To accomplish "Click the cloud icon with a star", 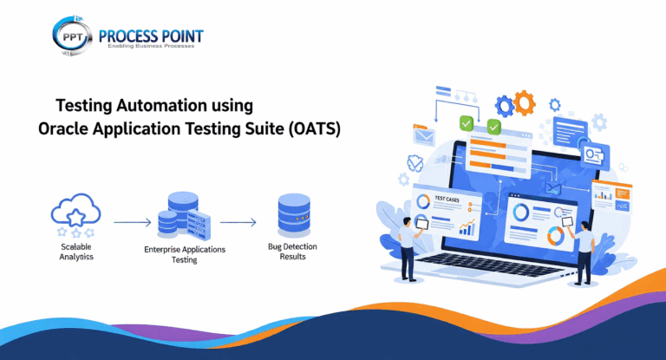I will tap(75, 215).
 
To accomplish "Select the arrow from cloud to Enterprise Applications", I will tap(132, 223).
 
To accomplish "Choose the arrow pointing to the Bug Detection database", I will tap(238, 223).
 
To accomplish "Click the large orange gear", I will tap(524, 104).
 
